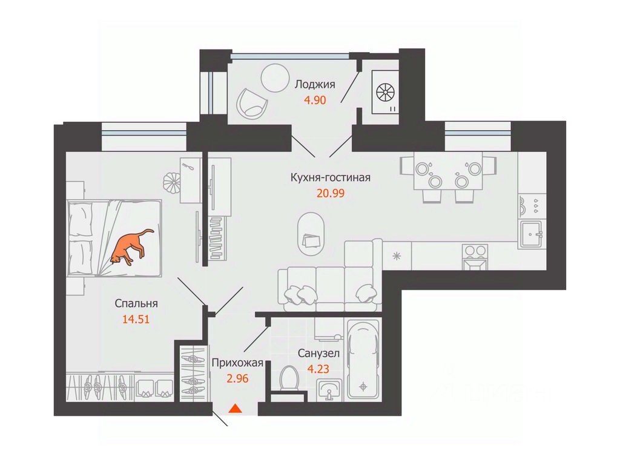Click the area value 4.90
[x=315, y=100]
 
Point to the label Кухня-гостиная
[x=330, y=178]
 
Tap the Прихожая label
[x=237, y=363]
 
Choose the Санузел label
[x=318, y=353]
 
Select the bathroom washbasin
[x=329, y=390]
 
